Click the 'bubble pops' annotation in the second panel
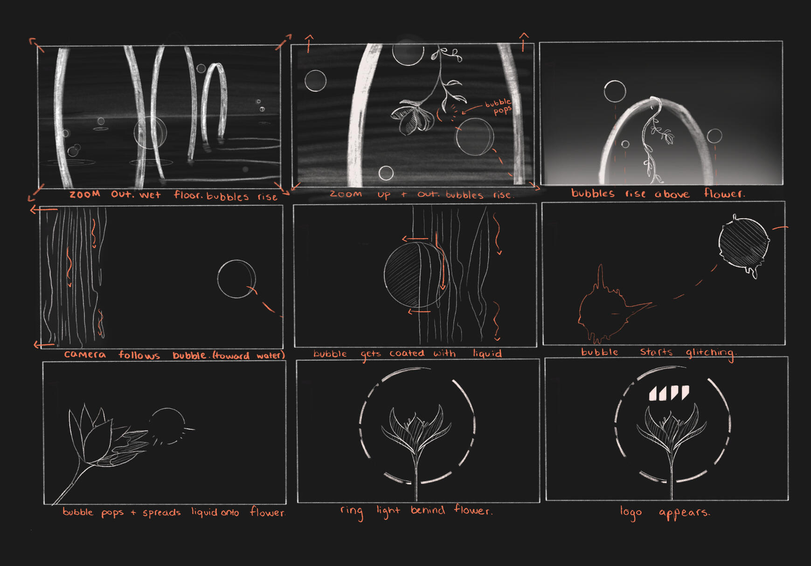499,107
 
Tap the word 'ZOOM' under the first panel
84,194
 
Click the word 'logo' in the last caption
631,512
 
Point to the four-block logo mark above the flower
669,393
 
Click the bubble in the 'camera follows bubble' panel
236,279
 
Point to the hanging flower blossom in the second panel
413,117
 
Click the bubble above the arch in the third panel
615,91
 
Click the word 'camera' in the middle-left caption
85,355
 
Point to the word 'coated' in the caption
407,353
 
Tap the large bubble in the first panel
150,132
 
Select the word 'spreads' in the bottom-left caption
161,513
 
